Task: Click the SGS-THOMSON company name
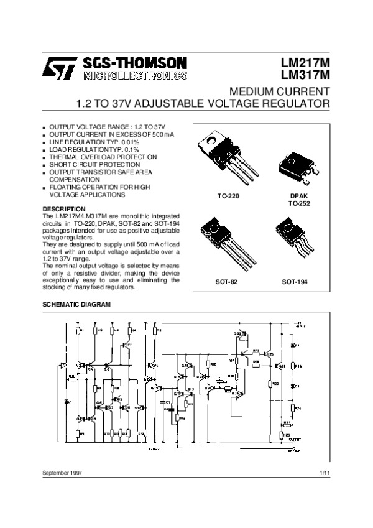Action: pos(133,63)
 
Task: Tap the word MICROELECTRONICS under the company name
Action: pos(133,76)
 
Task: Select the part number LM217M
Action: pos(305,63)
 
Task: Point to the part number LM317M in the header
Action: pos(305,76)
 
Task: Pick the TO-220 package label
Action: pos(228,196)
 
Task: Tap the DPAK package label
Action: pos(298,196)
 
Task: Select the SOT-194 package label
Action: pos(295,282)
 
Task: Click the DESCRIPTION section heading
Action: pos(63,208)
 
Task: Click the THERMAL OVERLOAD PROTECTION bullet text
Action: pos(103,157)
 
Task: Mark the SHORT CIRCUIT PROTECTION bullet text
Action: pos(94,165)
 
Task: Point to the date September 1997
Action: pos(62,473)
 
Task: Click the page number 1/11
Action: pos(323,473)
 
